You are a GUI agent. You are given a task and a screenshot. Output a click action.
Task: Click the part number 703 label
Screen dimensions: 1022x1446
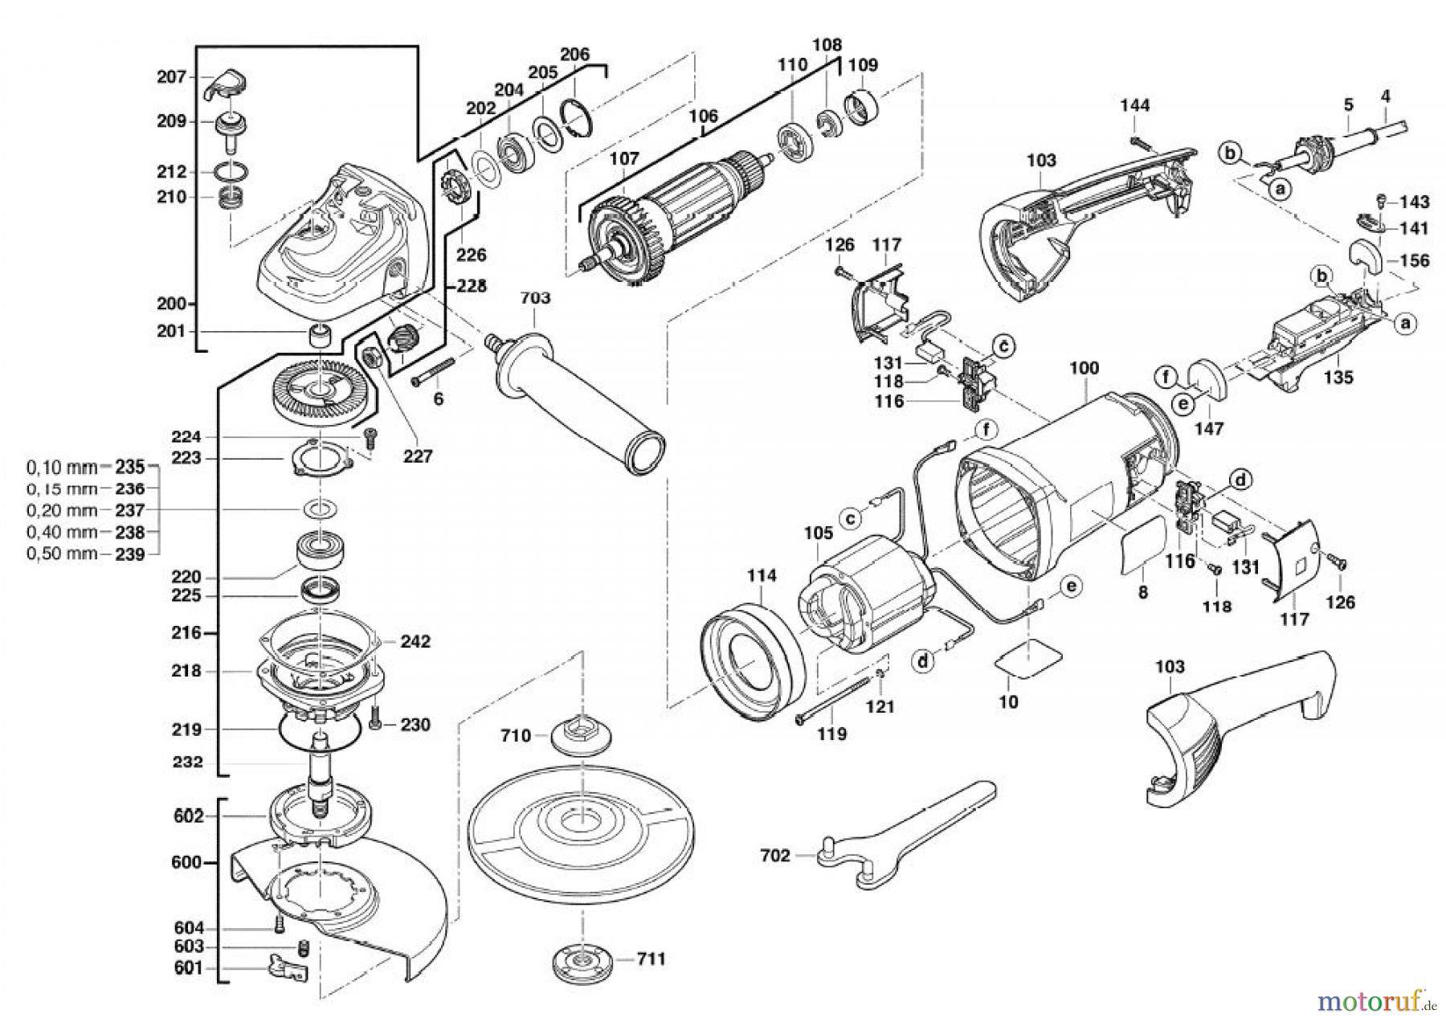pyautogui.click(x=535, y=298)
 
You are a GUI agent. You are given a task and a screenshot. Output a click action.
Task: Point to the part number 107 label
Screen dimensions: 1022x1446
pyautogui.click(x=623, y=159)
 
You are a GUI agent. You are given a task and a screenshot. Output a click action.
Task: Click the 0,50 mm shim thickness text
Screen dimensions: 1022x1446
pyautogui.click(x=62, y=554)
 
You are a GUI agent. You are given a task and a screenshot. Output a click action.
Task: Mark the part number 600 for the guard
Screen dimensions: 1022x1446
pyautogui.click(x=186, y=863)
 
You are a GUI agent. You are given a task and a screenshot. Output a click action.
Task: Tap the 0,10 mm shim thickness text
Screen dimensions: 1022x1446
pyautogui.click(x=62, y=467)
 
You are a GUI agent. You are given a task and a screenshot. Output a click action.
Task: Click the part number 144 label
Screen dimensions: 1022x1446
pyautogui.click(x=1134, y=105)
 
